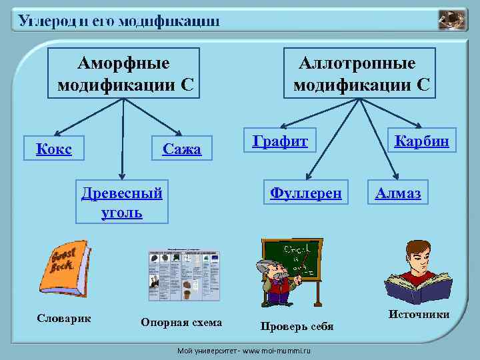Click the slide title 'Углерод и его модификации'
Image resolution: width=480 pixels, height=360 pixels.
[x=119, y=21]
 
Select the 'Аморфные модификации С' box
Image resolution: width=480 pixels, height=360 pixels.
[x=124, y=73]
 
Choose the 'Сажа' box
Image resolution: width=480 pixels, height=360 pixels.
[x=182, y=149]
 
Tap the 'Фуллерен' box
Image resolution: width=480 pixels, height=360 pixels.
[x=305, y=193]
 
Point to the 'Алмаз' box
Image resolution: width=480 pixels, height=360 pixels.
[x=398, y=193]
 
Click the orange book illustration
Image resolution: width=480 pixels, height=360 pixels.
[x=67, y=267]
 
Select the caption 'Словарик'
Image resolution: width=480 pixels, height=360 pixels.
[x=64, y=318]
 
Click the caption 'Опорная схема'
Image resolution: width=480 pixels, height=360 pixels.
[x=181, y=323]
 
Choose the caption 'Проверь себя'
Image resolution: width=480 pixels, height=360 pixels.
[x=297, y=326]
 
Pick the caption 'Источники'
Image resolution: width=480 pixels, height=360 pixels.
[x=419, y=314]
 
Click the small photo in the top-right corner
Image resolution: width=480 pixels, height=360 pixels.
[x=453, y=20]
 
